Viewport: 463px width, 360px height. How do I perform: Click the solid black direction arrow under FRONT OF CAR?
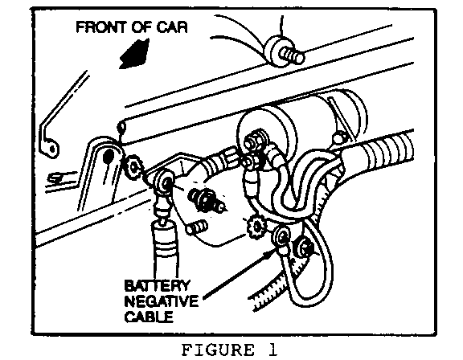134,54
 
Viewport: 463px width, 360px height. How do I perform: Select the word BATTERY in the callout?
157,285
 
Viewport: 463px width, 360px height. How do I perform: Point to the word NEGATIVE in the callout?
162,301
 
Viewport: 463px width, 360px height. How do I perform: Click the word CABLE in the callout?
149,317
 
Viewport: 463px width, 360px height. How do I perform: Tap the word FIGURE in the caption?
217,350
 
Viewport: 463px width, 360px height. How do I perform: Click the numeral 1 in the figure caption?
272,350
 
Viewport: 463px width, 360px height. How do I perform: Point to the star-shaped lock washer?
256,227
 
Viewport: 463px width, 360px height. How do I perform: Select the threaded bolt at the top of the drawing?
292,55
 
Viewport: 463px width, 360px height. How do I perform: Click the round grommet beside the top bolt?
274,51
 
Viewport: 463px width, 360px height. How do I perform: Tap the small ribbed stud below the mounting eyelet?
197,227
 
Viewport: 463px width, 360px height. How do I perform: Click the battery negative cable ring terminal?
282,237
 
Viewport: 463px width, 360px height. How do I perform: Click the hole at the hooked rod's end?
52,149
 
